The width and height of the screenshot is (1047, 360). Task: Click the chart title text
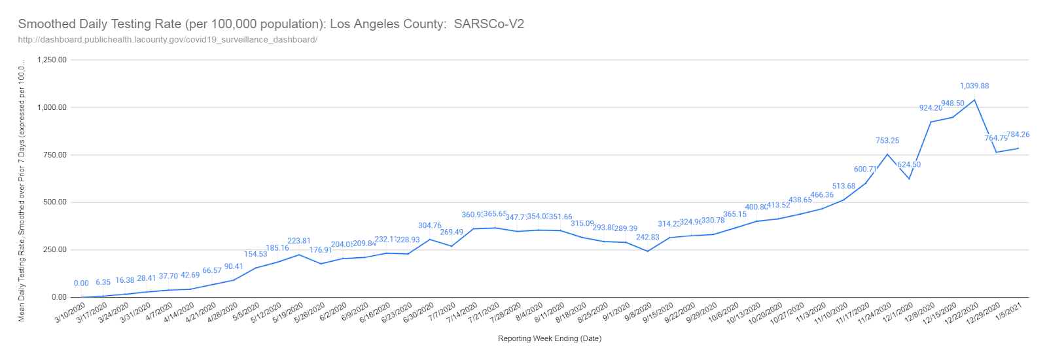[271, 24]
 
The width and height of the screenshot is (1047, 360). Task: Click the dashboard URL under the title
[168, 40]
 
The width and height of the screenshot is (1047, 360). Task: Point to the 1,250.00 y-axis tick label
[52, 60]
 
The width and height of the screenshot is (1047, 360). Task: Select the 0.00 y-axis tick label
[59, 297]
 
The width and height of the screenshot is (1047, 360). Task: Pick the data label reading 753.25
[887, 141]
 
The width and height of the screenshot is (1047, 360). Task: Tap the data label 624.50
[909, 165]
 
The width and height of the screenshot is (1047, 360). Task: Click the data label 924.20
[931, 108]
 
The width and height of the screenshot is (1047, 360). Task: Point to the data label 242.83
[648, 238]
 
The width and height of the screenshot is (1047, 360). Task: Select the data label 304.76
[430, 226]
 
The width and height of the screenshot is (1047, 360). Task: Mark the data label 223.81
[299, 241]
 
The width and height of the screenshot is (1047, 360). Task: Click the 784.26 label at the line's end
[1018, 135]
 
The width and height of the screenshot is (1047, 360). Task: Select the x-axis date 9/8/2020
[638, 312]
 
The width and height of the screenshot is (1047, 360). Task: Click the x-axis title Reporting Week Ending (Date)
[549, 338]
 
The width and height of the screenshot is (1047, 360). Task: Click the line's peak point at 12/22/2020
[974, 100]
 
